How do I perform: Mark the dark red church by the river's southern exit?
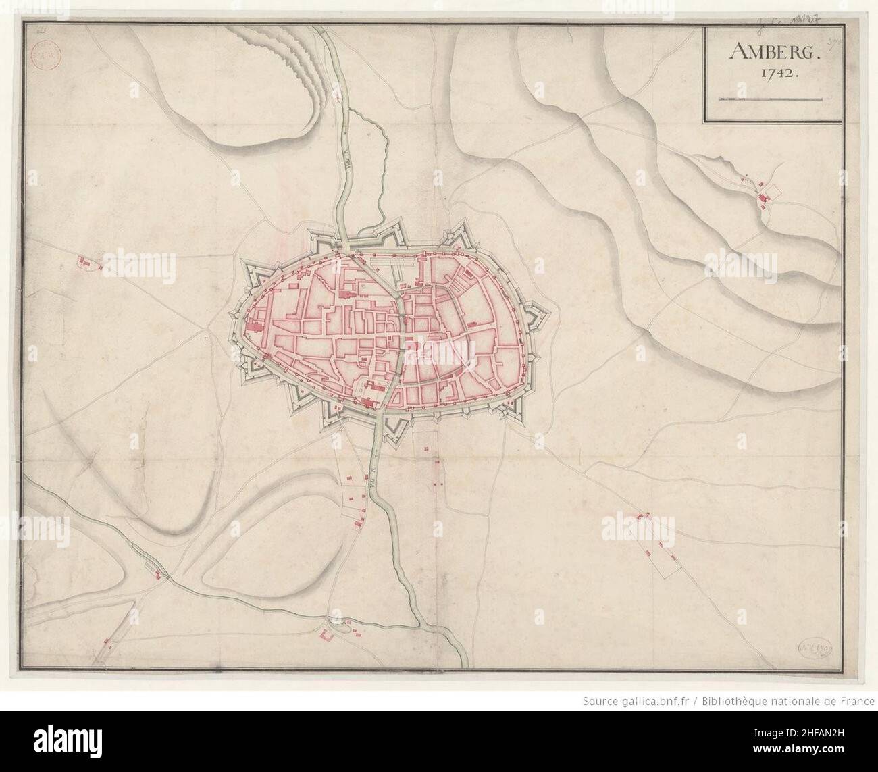368,402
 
